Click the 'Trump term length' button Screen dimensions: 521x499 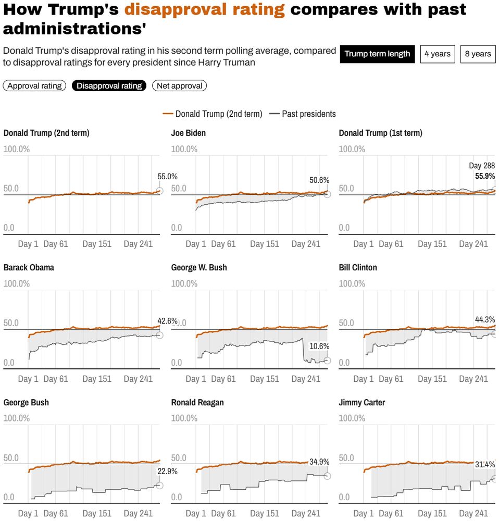tap(377, 54)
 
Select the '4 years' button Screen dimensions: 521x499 tap(437, 54)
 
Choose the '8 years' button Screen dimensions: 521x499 tap(478, 54)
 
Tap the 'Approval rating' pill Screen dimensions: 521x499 tap(34, 86)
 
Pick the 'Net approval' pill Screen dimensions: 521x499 tap(179, 86)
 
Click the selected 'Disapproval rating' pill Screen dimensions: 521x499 tap(109, 86)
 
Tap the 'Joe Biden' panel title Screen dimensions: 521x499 tap(189, 133)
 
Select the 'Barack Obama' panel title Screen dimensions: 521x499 tap(29, 267)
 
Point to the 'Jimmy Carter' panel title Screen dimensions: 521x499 tap(362, 402)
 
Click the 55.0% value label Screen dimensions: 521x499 tap(168, 177)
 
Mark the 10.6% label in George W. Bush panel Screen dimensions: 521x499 tap(319, 346)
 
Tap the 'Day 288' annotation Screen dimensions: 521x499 tap(482, 166)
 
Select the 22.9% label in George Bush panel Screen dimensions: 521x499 tap(168, 472)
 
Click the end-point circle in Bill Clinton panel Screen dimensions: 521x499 tap(495, 333)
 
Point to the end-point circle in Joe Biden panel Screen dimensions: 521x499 tap(327, 194)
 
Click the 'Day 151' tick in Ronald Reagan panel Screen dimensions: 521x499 tap(265, 513)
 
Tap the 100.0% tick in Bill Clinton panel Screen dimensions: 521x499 tap(352, 284)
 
